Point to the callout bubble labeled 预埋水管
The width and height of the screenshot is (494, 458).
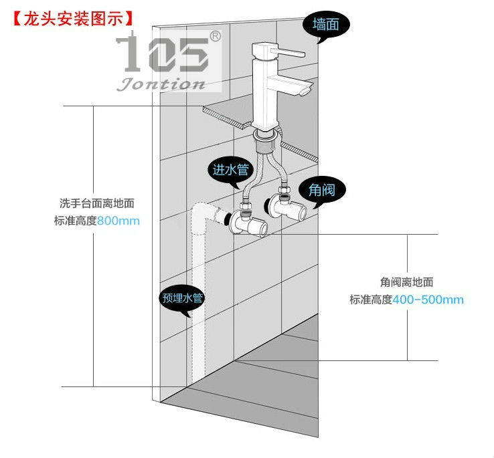(x=182, y=298)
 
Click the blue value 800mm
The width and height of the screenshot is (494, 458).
(x=118, y=221)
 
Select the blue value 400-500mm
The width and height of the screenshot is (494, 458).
(x=428, y=299)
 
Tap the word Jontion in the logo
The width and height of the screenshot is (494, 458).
(x=161, y=84)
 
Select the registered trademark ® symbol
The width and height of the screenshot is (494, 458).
(x=216, y=35)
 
